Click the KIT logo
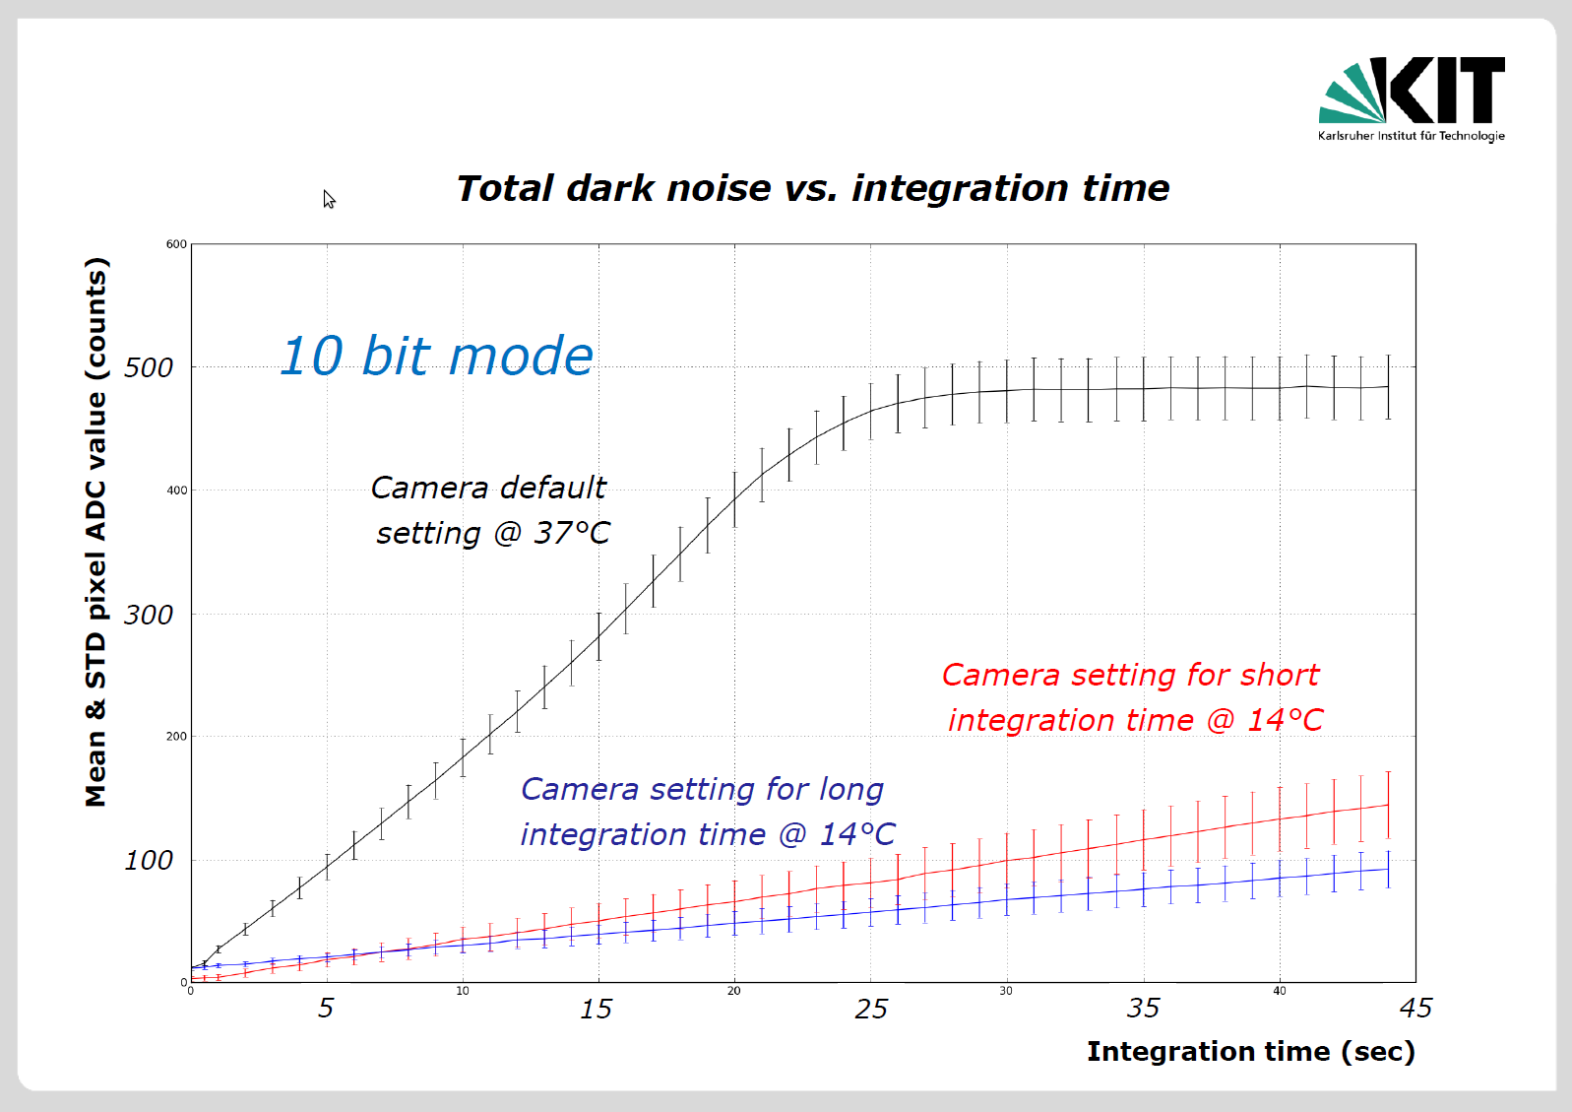[x=1412, y=98]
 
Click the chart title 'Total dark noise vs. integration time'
[x=813, y=189]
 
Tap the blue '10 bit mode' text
[x=436, y=356]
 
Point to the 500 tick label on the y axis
[x=149, y=367]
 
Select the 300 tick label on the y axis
[x=149, y=615]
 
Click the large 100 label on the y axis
[x=149, y=861]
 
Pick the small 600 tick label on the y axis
[x=176, y=244]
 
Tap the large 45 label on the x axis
[x=1415, y=1009]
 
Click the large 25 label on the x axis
[x=871, y=1009]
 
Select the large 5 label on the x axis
[x=325, y=1009]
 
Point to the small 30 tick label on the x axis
[x=1006, y=991]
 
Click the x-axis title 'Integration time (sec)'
[x=1250, y=1052]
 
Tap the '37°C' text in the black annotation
[x=572, y=533]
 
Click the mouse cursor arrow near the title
[x=329, y=199]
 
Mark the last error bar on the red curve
[x=1388, y=806]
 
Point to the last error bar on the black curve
[x=1388, y=387]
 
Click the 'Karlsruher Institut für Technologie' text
[x=1412, y=136]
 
